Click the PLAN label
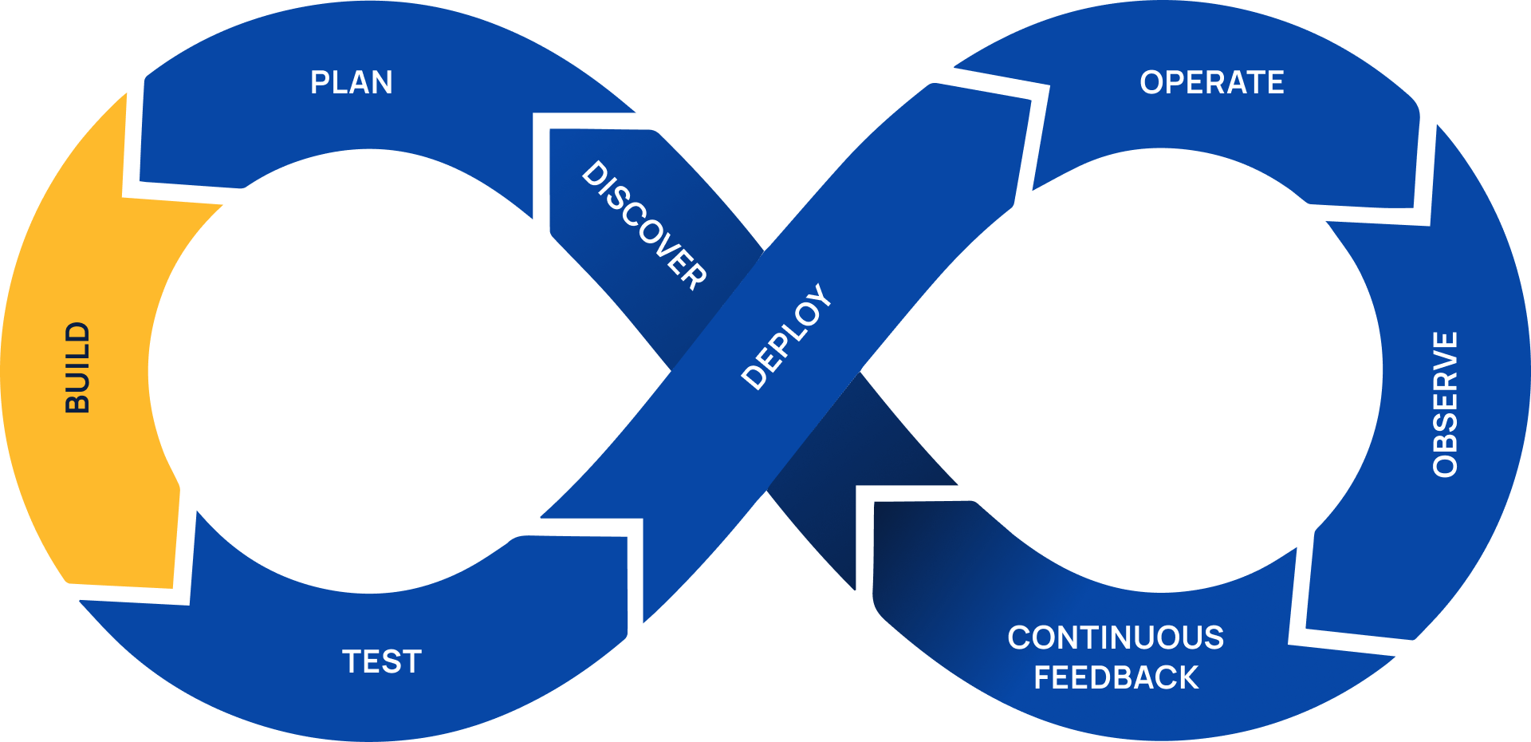(x=351, y=83)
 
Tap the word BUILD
(x=77, y=367)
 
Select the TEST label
(x=382, y=662)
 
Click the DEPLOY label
(x=786, y=337)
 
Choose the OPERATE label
(x=1211, y=83)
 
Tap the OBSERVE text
(x=1446, y=405)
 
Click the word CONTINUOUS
(x=1116, y=638)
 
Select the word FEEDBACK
(x=1116, y=678)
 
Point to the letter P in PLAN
(x=319, y=83)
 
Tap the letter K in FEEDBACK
(x=1188, y=678)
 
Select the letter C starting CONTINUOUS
(x=1019, y=638)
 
